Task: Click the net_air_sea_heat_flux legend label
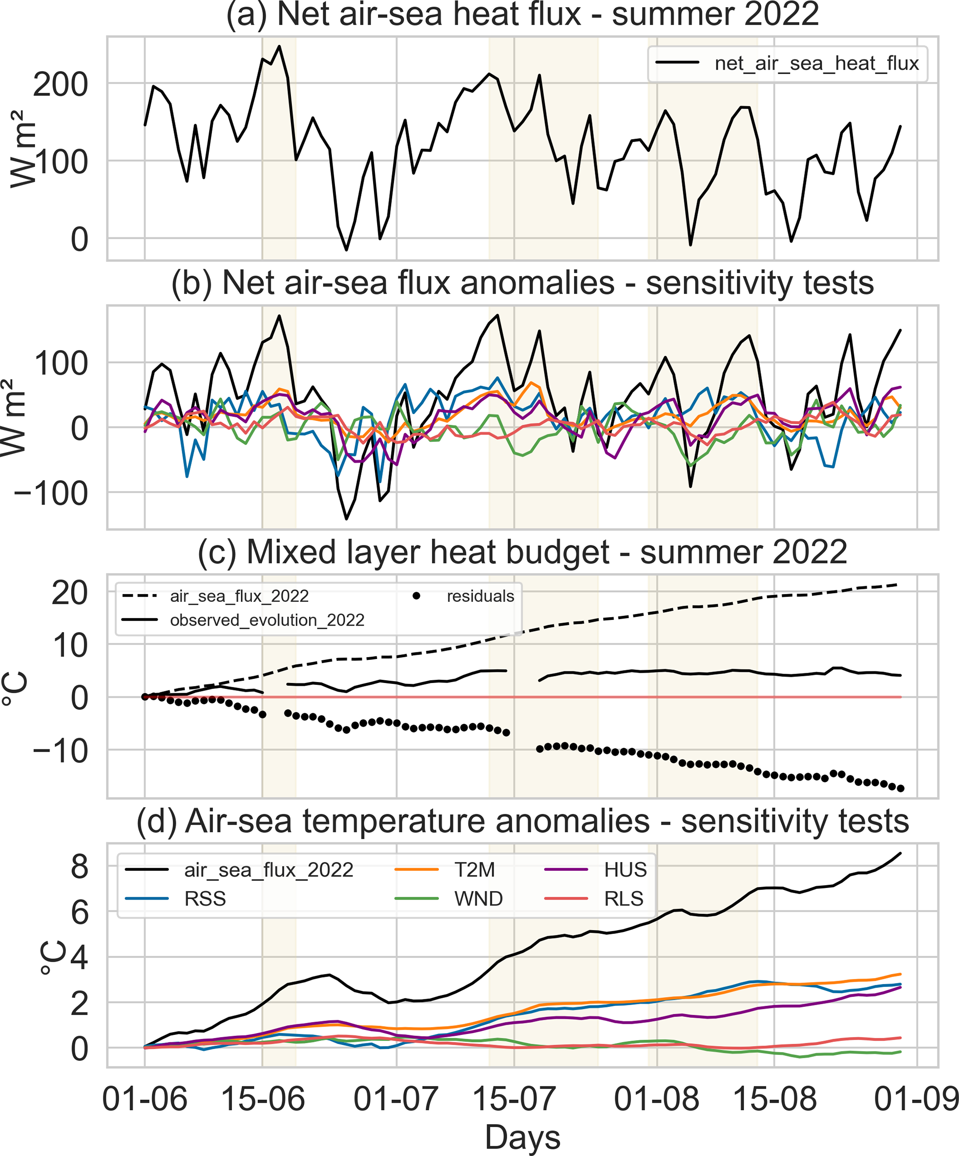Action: coord(817,64)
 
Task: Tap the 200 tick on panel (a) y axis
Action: coord(61,85)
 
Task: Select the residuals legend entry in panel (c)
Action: coord(480,596)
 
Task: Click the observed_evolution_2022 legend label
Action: coord(267,620)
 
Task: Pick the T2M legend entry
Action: coord(474,870)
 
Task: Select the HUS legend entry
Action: coord(625,870)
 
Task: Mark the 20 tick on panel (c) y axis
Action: coord(70,594)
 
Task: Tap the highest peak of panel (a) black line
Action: coord(279,46)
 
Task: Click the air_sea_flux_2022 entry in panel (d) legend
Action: coord(268,870)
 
